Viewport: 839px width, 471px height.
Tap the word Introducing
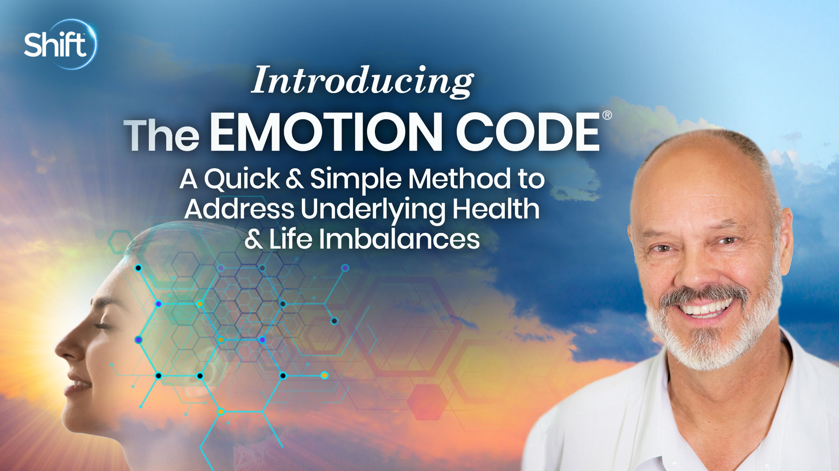pos(362,81)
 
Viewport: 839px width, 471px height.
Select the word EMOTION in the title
pos(326,132)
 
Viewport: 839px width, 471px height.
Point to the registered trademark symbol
pos(607,115)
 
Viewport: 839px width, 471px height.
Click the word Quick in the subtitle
pos(241,180)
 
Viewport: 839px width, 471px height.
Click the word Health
pos(496,209)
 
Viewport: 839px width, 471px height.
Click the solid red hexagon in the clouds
pos(427,401)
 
